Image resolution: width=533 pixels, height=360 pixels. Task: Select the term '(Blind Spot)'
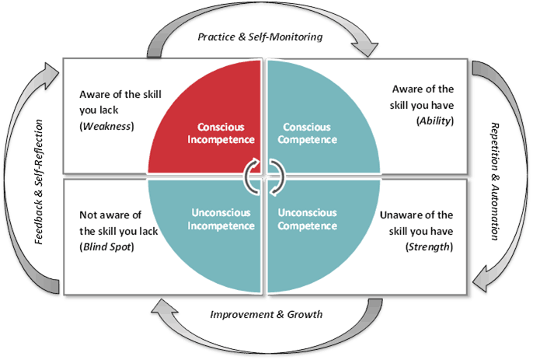106,246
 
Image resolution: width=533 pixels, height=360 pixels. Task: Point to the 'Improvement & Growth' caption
267,314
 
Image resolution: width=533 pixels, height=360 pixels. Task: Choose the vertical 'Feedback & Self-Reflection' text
38,182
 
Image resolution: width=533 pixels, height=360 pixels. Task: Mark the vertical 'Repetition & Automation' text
494,182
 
